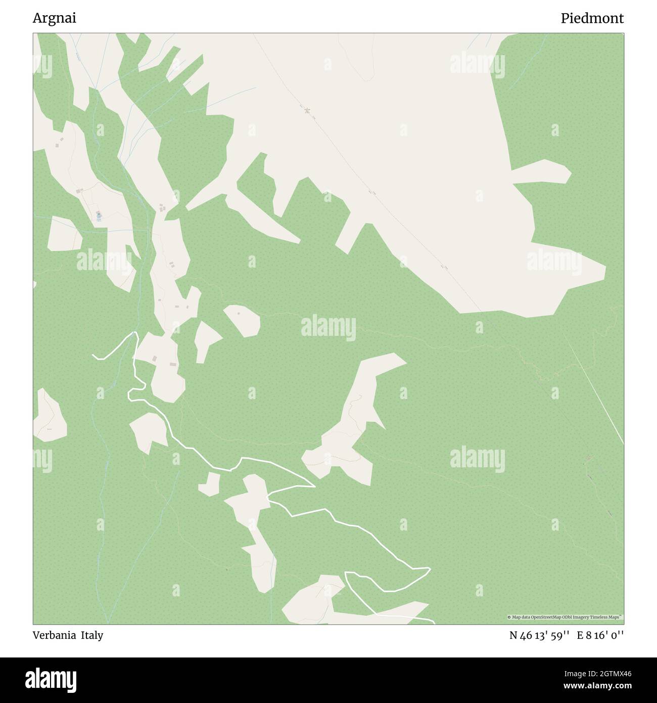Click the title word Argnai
pos(55,18)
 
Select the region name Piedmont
pos(592,18)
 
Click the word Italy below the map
pos(93,635)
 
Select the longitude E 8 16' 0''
pos(601,635)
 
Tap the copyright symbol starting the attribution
pos(509,617)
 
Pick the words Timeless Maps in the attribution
pos(608,617)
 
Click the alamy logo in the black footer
pos(52,679)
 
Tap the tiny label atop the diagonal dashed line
pos(307,110)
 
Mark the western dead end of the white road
pos(93,356)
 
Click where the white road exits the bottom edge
pos(434,622)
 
